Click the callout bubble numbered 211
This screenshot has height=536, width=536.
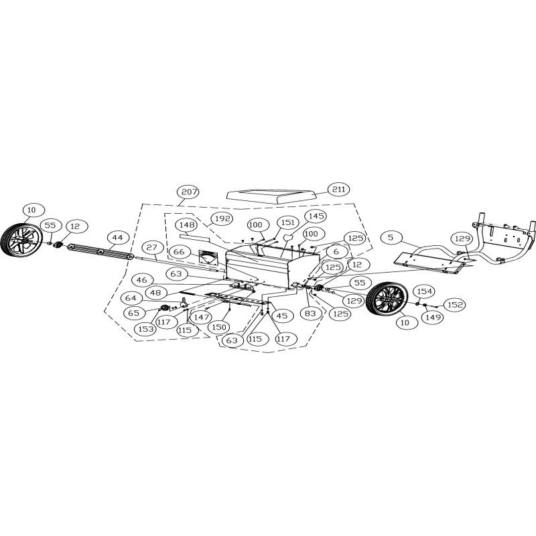pyautogui.click(x=339, y=190)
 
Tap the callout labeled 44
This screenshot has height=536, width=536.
pyautogui.click(x=118, y=237)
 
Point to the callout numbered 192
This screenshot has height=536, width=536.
pyautogui.click(x=222, y=218)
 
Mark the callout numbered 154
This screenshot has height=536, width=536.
pyautogui.click(x=424, y=291)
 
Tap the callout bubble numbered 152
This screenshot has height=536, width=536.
pyautogui.click(x=455, y=305)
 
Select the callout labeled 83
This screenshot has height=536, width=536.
pyautogui.click(x=310, y=313)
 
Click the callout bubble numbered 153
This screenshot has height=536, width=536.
pyautogui.click(x=145, y=328)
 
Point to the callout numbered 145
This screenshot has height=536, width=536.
pyautogui.click(x=316, y=216)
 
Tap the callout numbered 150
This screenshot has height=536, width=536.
pyautogui.click(x=216, y=327)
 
